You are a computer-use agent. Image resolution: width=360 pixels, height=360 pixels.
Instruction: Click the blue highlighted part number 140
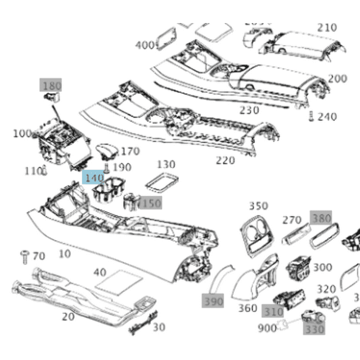(94, 178)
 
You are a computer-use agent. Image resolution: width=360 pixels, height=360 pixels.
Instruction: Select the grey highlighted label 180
(52, 85)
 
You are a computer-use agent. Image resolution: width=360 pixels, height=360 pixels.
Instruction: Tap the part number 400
(145, 45)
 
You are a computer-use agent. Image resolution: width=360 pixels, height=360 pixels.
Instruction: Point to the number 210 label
(327, 28)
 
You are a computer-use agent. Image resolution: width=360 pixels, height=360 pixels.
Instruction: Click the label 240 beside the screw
(327, 117)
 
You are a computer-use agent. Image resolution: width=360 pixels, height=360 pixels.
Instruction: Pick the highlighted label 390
(214, 301)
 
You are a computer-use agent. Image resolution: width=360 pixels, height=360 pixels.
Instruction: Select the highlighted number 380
(321, 218)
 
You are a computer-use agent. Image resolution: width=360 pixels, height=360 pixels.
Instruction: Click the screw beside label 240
(310, 116)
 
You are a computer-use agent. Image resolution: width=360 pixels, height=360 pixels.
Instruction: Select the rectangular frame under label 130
(159, 182)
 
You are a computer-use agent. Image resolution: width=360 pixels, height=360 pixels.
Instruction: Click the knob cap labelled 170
(106, 151)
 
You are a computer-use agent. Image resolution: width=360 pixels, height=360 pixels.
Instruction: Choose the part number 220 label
(225, 160)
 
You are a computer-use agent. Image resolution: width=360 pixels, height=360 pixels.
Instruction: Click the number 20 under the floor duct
(67, 316)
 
